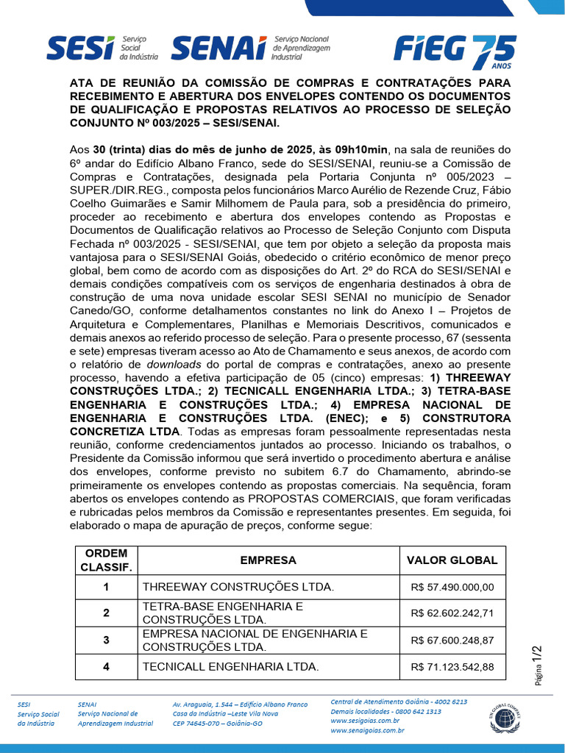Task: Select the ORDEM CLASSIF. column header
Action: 106,560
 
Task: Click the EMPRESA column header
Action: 269,560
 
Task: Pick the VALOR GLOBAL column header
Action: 452,560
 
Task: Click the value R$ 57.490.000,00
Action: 452,587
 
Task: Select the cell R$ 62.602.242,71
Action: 452,613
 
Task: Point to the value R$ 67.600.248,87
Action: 452,640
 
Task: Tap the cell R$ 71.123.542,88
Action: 452,667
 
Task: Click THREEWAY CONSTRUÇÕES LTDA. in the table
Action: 238,587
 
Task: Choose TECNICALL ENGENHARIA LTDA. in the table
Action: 230,667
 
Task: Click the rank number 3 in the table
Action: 106,640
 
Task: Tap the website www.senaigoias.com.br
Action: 367,730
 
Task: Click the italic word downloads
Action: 174,363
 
